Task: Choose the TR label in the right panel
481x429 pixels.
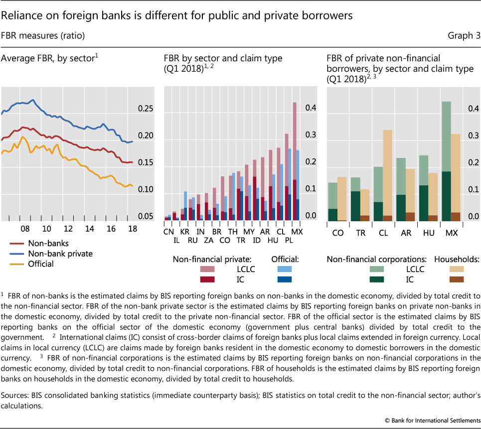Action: pyautogui.click(x=362, y=233)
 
